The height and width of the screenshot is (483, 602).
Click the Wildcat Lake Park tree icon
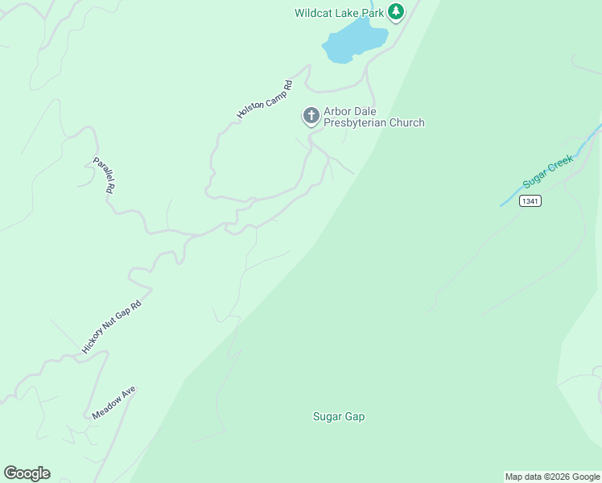click(395, 12)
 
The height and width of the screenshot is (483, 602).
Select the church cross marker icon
click(311, 116)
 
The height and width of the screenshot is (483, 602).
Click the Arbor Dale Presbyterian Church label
click(373, 117)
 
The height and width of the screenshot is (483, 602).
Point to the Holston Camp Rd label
click(264, 100)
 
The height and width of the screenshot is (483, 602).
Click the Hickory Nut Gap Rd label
click(112, 326)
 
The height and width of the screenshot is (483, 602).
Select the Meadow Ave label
click(113, 402)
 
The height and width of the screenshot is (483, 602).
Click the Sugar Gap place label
click(339, 416)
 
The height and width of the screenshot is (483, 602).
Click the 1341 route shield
click(530, 200)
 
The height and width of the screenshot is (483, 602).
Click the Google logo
click(27, 473)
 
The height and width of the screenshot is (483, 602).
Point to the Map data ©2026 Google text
click(553, 477)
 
